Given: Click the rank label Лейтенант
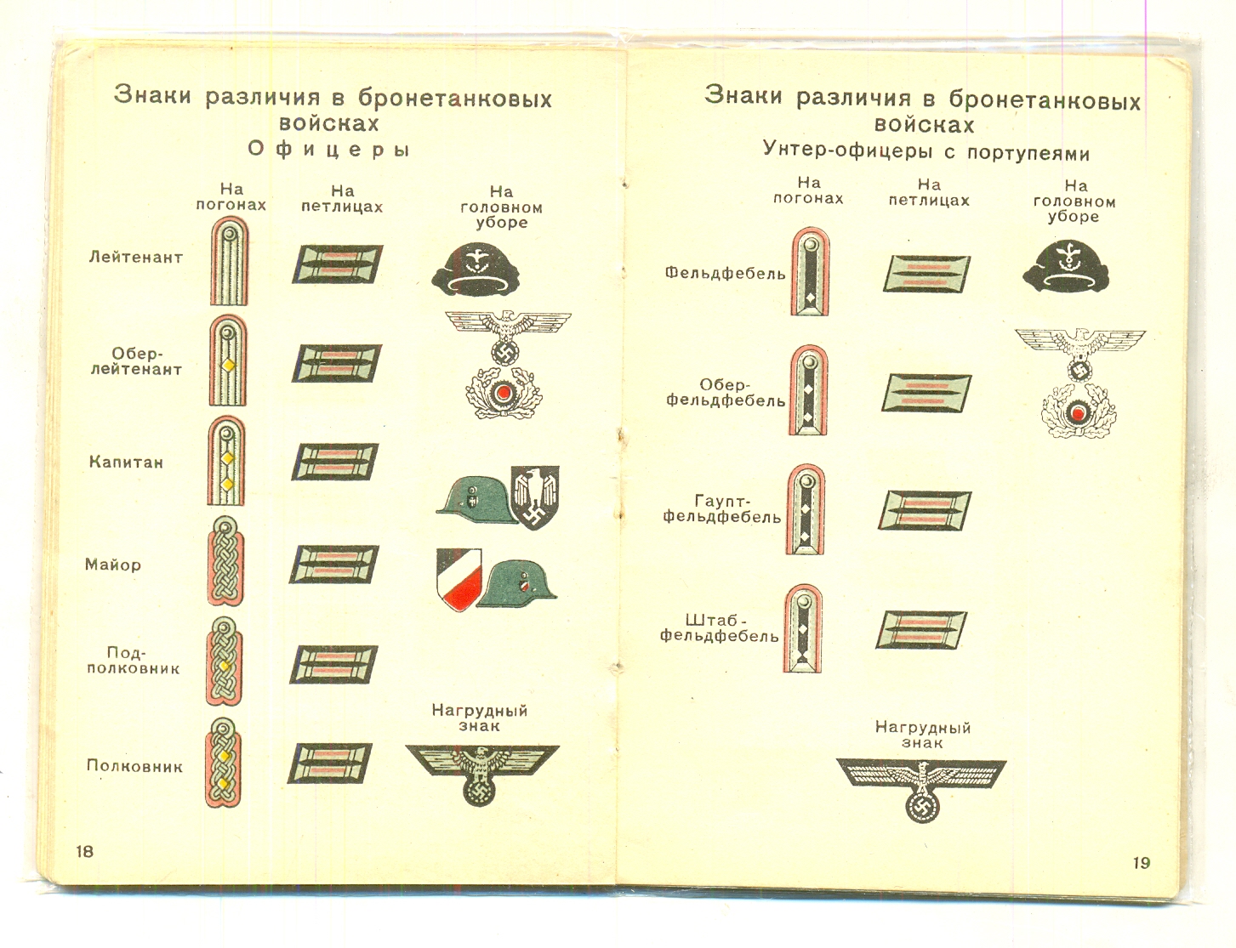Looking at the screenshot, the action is (136, 258).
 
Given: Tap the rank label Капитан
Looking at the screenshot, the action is (126, 462).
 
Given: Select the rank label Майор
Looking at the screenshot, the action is (113, 565).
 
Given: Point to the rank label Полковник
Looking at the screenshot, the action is (134, 767).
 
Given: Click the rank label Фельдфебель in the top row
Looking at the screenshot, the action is (726, 274).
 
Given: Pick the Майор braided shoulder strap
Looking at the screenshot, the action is (225, 561).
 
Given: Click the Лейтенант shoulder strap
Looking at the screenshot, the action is (229, 262).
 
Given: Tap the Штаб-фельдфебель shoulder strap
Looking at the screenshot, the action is (802, 628).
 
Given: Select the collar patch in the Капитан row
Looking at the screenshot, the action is (334, 461).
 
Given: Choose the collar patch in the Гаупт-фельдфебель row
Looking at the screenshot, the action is (925, 510).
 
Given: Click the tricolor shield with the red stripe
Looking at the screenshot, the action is (459, 579).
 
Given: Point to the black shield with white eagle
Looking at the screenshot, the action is (535, 497).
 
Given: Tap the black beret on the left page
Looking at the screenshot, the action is (476, 270).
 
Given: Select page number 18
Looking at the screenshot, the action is (85, 851).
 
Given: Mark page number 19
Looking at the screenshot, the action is (1142, 863).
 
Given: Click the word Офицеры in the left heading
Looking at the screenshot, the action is (329, 150).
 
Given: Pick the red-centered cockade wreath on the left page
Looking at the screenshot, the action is (500, 393).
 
